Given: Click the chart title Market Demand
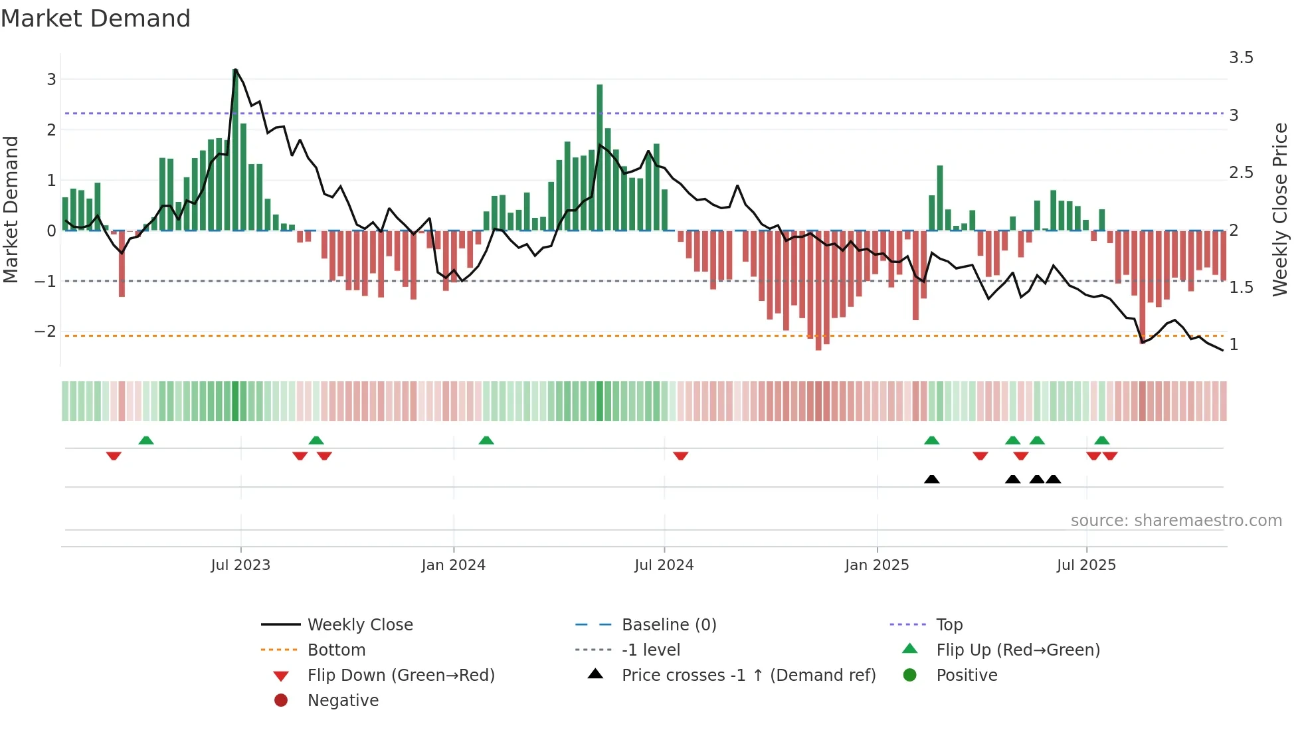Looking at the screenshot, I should tap(96, 19).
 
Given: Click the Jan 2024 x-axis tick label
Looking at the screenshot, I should tap(453, 565).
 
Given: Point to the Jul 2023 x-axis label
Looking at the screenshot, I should tap(240, 565).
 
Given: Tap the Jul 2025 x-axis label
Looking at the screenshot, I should tap(1086, 565).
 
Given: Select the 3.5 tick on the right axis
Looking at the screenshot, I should tap(1240, 58).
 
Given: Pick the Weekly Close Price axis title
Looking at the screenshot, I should tap(1279, 209).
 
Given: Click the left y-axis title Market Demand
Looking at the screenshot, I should tap(11, 209).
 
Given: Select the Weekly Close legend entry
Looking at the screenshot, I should tap(359, 625).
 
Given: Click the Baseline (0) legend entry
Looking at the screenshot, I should tap(668, 625).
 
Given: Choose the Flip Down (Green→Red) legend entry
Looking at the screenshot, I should tap(401, 676).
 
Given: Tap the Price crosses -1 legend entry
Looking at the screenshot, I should tap(748, 676).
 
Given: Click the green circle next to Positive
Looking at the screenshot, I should tap(910, 676).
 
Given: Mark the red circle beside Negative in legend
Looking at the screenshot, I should tap(281, 701).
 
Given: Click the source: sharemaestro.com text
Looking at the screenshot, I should tap(1176, 521).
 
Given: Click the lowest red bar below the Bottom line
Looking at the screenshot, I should tap(818, 292).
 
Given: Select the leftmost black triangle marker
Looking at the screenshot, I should tap(932, 479).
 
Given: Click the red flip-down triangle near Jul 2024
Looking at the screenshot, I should tap(680, 456).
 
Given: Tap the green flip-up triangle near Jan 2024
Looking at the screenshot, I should tap(486, 440).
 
